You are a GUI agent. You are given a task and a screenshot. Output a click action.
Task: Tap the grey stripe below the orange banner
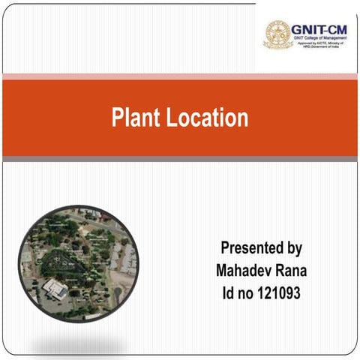coord(180,159)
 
